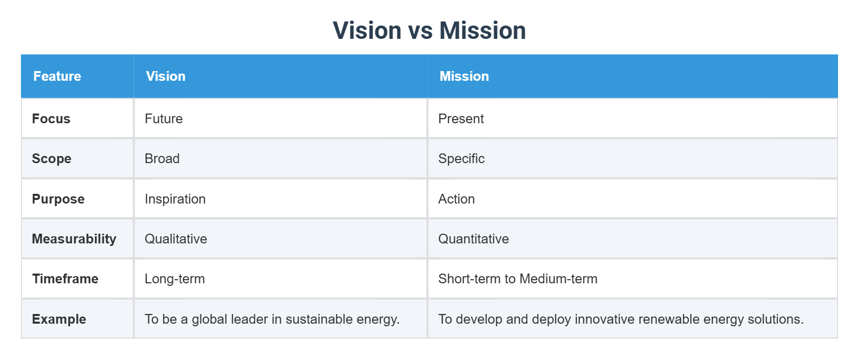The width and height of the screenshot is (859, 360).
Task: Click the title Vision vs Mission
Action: pyautogui.click(x=429, y=31)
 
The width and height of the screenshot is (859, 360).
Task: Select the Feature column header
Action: pyautogui.click(x=57, y=76)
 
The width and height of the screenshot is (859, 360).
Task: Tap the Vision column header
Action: pyautogui.click(x=166, y=76)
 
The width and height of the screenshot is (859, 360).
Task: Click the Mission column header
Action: pyautogui.click(x=464, y=76)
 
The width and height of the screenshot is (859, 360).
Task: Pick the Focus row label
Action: pyautogui.click(x=51, y=119)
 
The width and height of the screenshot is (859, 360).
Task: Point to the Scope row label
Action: pyautogui.click(x=52, y=159)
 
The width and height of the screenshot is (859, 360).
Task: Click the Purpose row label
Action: pyautogui.click(x=58, y=199)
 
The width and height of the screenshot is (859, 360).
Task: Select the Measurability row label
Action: pyautogui.click(x=74, y=239)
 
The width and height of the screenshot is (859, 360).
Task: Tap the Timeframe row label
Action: pyautogui.click(x=65, y=279)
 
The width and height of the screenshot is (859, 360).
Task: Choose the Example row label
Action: pyautogui.click(x=59, y=319)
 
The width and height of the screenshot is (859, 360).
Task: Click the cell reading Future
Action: pyautogui.click(x=164, y=119)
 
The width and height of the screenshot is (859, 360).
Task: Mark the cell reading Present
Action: pyautogui.click(x=461, y=119)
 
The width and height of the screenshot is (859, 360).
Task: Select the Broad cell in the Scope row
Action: pyautogui.click(x=162, y=159)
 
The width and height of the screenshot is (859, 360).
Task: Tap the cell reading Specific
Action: pyautogui.click(x=461, y=159)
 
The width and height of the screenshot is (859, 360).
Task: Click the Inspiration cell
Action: pyautogui.click(x=175, y=199)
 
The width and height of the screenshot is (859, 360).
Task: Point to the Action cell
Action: pyautogui.click(x=456, y=199)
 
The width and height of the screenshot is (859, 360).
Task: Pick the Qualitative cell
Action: pyautogui.click(x=176, y=239)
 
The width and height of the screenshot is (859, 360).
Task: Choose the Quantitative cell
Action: pyautogui.click(x=473, y=239)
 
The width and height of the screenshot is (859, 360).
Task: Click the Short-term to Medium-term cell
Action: pyautogui.click(x=517, y=279)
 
